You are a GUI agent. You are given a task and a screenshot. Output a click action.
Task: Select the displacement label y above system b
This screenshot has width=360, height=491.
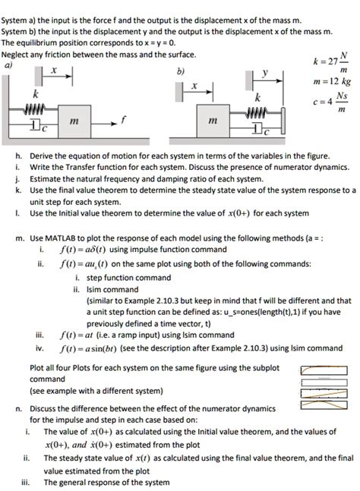[x=264, y=73]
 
